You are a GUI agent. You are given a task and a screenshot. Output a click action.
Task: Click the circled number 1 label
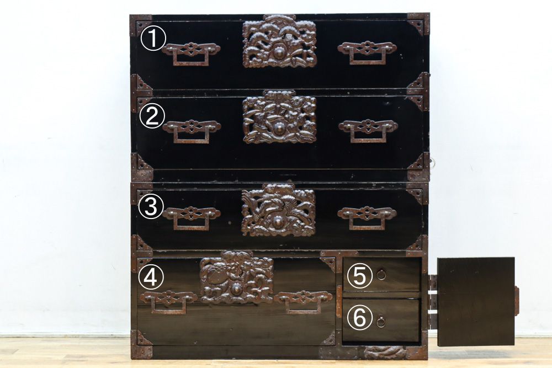pos(153,39)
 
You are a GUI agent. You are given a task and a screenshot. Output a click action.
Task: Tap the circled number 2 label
pos(152,116)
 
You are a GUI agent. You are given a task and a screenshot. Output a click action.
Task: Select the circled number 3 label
pos(151,207)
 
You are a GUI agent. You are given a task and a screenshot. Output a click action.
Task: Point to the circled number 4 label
pos(151,277)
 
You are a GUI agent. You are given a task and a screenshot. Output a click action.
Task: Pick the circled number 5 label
pos(360,275)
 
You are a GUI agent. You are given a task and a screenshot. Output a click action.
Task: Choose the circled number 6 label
pos(359,318)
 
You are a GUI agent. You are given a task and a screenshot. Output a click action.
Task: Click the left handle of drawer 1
pos(191,54)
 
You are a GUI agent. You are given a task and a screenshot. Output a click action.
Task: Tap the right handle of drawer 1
pos(367,52)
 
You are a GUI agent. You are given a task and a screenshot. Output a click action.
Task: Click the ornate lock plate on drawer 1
pos(279,41)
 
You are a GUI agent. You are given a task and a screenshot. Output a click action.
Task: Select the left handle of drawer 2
pos(192,131)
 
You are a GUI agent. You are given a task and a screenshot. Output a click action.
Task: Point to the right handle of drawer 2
pos(368,131)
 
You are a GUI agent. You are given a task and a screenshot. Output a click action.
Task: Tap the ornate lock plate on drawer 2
pos(279,117)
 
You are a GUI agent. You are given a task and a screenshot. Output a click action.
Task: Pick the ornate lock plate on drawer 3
pos(278,210)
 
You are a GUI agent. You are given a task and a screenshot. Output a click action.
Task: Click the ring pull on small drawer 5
pos(380,274)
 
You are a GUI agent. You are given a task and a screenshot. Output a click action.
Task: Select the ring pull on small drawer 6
pos(380,322)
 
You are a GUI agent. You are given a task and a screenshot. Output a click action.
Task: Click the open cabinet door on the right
pos(476,301)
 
